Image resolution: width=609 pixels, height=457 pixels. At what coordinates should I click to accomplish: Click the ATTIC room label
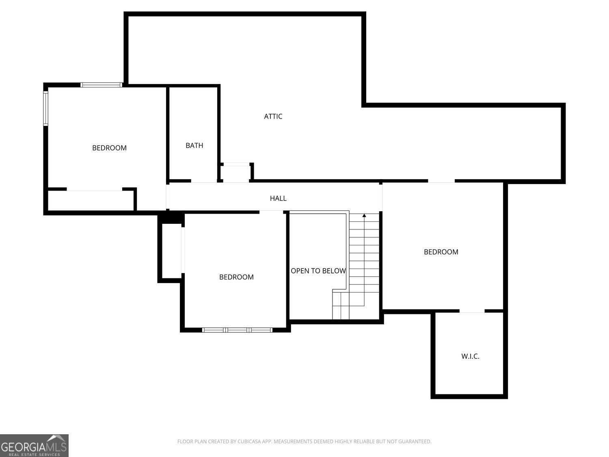point(273,116)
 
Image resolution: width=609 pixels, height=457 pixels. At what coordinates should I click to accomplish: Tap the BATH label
point(194,145)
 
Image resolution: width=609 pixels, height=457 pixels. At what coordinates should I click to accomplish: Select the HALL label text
point(278,198)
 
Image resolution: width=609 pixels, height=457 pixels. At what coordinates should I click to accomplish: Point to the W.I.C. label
point(470,356)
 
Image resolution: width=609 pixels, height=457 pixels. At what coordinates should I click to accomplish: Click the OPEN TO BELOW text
point(318,271)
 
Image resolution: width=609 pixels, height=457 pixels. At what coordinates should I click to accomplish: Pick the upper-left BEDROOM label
point(109,148)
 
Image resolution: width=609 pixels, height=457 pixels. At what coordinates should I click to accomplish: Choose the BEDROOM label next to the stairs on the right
point(441,252)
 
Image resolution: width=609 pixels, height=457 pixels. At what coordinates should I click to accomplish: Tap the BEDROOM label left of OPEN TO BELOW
point(236,277)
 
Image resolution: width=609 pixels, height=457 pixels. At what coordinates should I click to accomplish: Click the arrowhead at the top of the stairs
point(364,215)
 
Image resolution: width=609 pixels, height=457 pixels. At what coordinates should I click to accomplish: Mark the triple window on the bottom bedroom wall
point(237,330)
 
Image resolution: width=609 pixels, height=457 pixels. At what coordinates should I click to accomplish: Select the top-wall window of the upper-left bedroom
point(101,85)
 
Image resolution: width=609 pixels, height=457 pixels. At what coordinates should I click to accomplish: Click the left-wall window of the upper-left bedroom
point(46,108)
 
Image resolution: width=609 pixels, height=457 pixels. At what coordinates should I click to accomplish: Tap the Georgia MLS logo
point(34,445)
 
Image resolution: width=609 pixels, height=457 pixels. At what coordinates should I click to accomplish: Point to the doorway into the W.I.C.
point(472,311)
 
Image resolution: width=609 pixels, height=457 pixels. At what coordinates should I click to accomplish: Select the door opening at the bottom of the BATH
point(204,181)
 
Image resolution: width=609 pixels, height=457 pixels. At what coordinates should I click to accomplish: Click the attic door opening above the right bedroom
point(441,181)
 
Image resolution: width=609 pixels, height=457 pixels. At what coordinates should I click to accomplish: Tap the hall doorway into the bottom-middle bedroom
point(271,212)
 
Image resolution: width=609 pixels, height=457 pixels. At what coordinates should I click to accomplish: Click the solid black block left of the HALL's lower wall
point(172,217)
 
